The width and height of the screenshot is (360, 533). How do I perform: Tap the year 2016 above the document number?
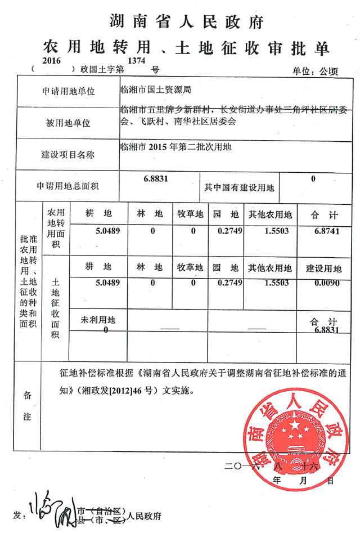pyautogui.click(x=51, y=59)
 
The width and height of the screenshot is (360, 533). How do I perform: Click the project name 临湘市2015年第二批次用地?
pyautogui.click(x=175, y=147)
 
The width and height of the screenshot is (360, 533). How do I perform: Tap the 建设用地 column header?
pyautogui.click(x=323, y=267)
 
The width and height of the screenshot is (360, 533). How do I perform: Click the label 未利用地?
pyautogui.click(x=98, y=320)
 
